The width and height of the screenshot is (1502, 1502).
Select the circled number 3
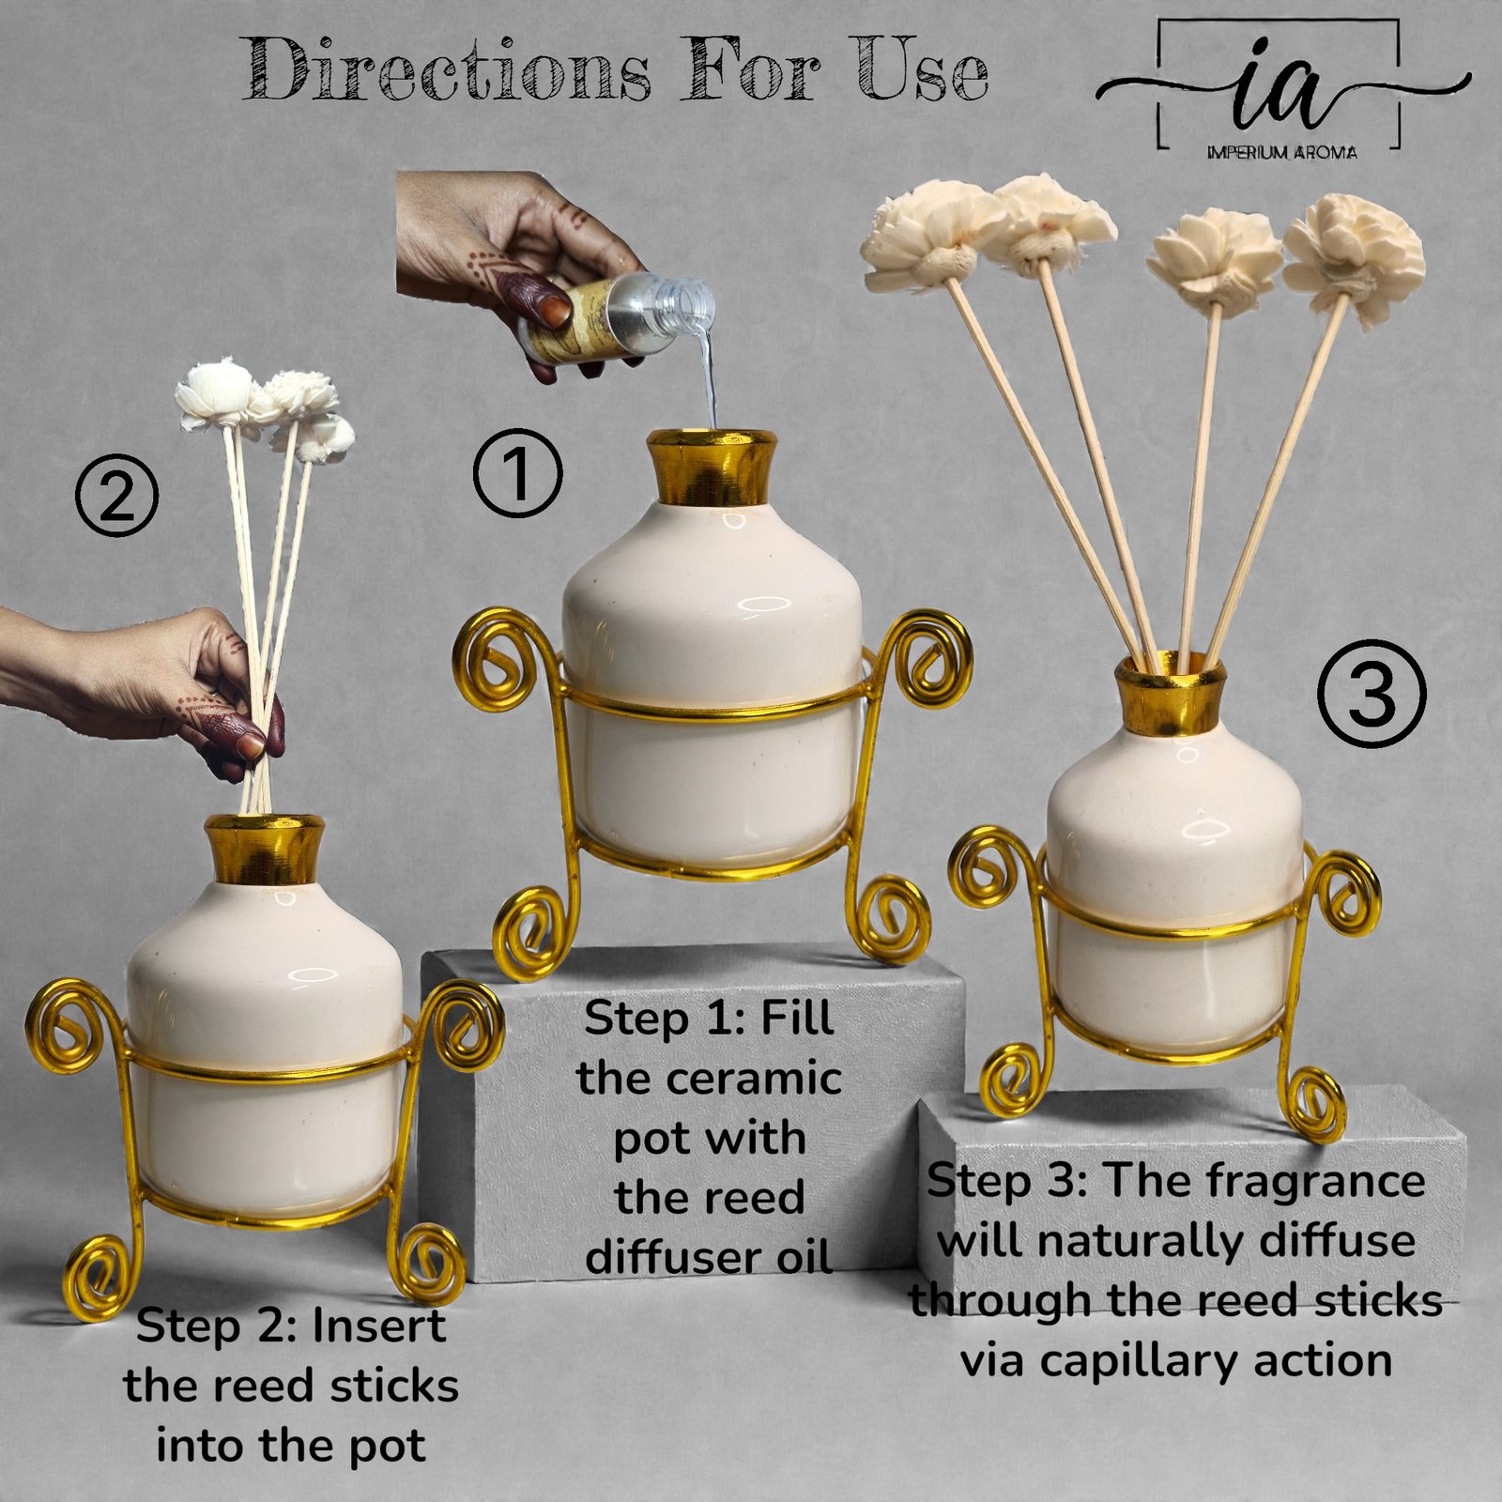[x=1372, y=694]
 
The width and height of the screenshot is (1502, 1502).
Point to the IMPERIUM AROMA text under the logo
[x=1281, y=152]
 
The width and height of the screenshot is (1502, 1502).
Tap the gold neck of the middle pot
[x=712, y=467]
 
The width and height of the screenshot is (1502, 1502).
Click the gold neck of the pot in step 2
[x=265, y=849]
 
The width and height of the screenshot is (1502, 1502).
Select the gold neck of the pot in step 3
[x=1170, y=694]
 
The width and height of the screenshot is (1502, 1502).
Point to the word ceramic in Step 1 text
[x=756, y=1079]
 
